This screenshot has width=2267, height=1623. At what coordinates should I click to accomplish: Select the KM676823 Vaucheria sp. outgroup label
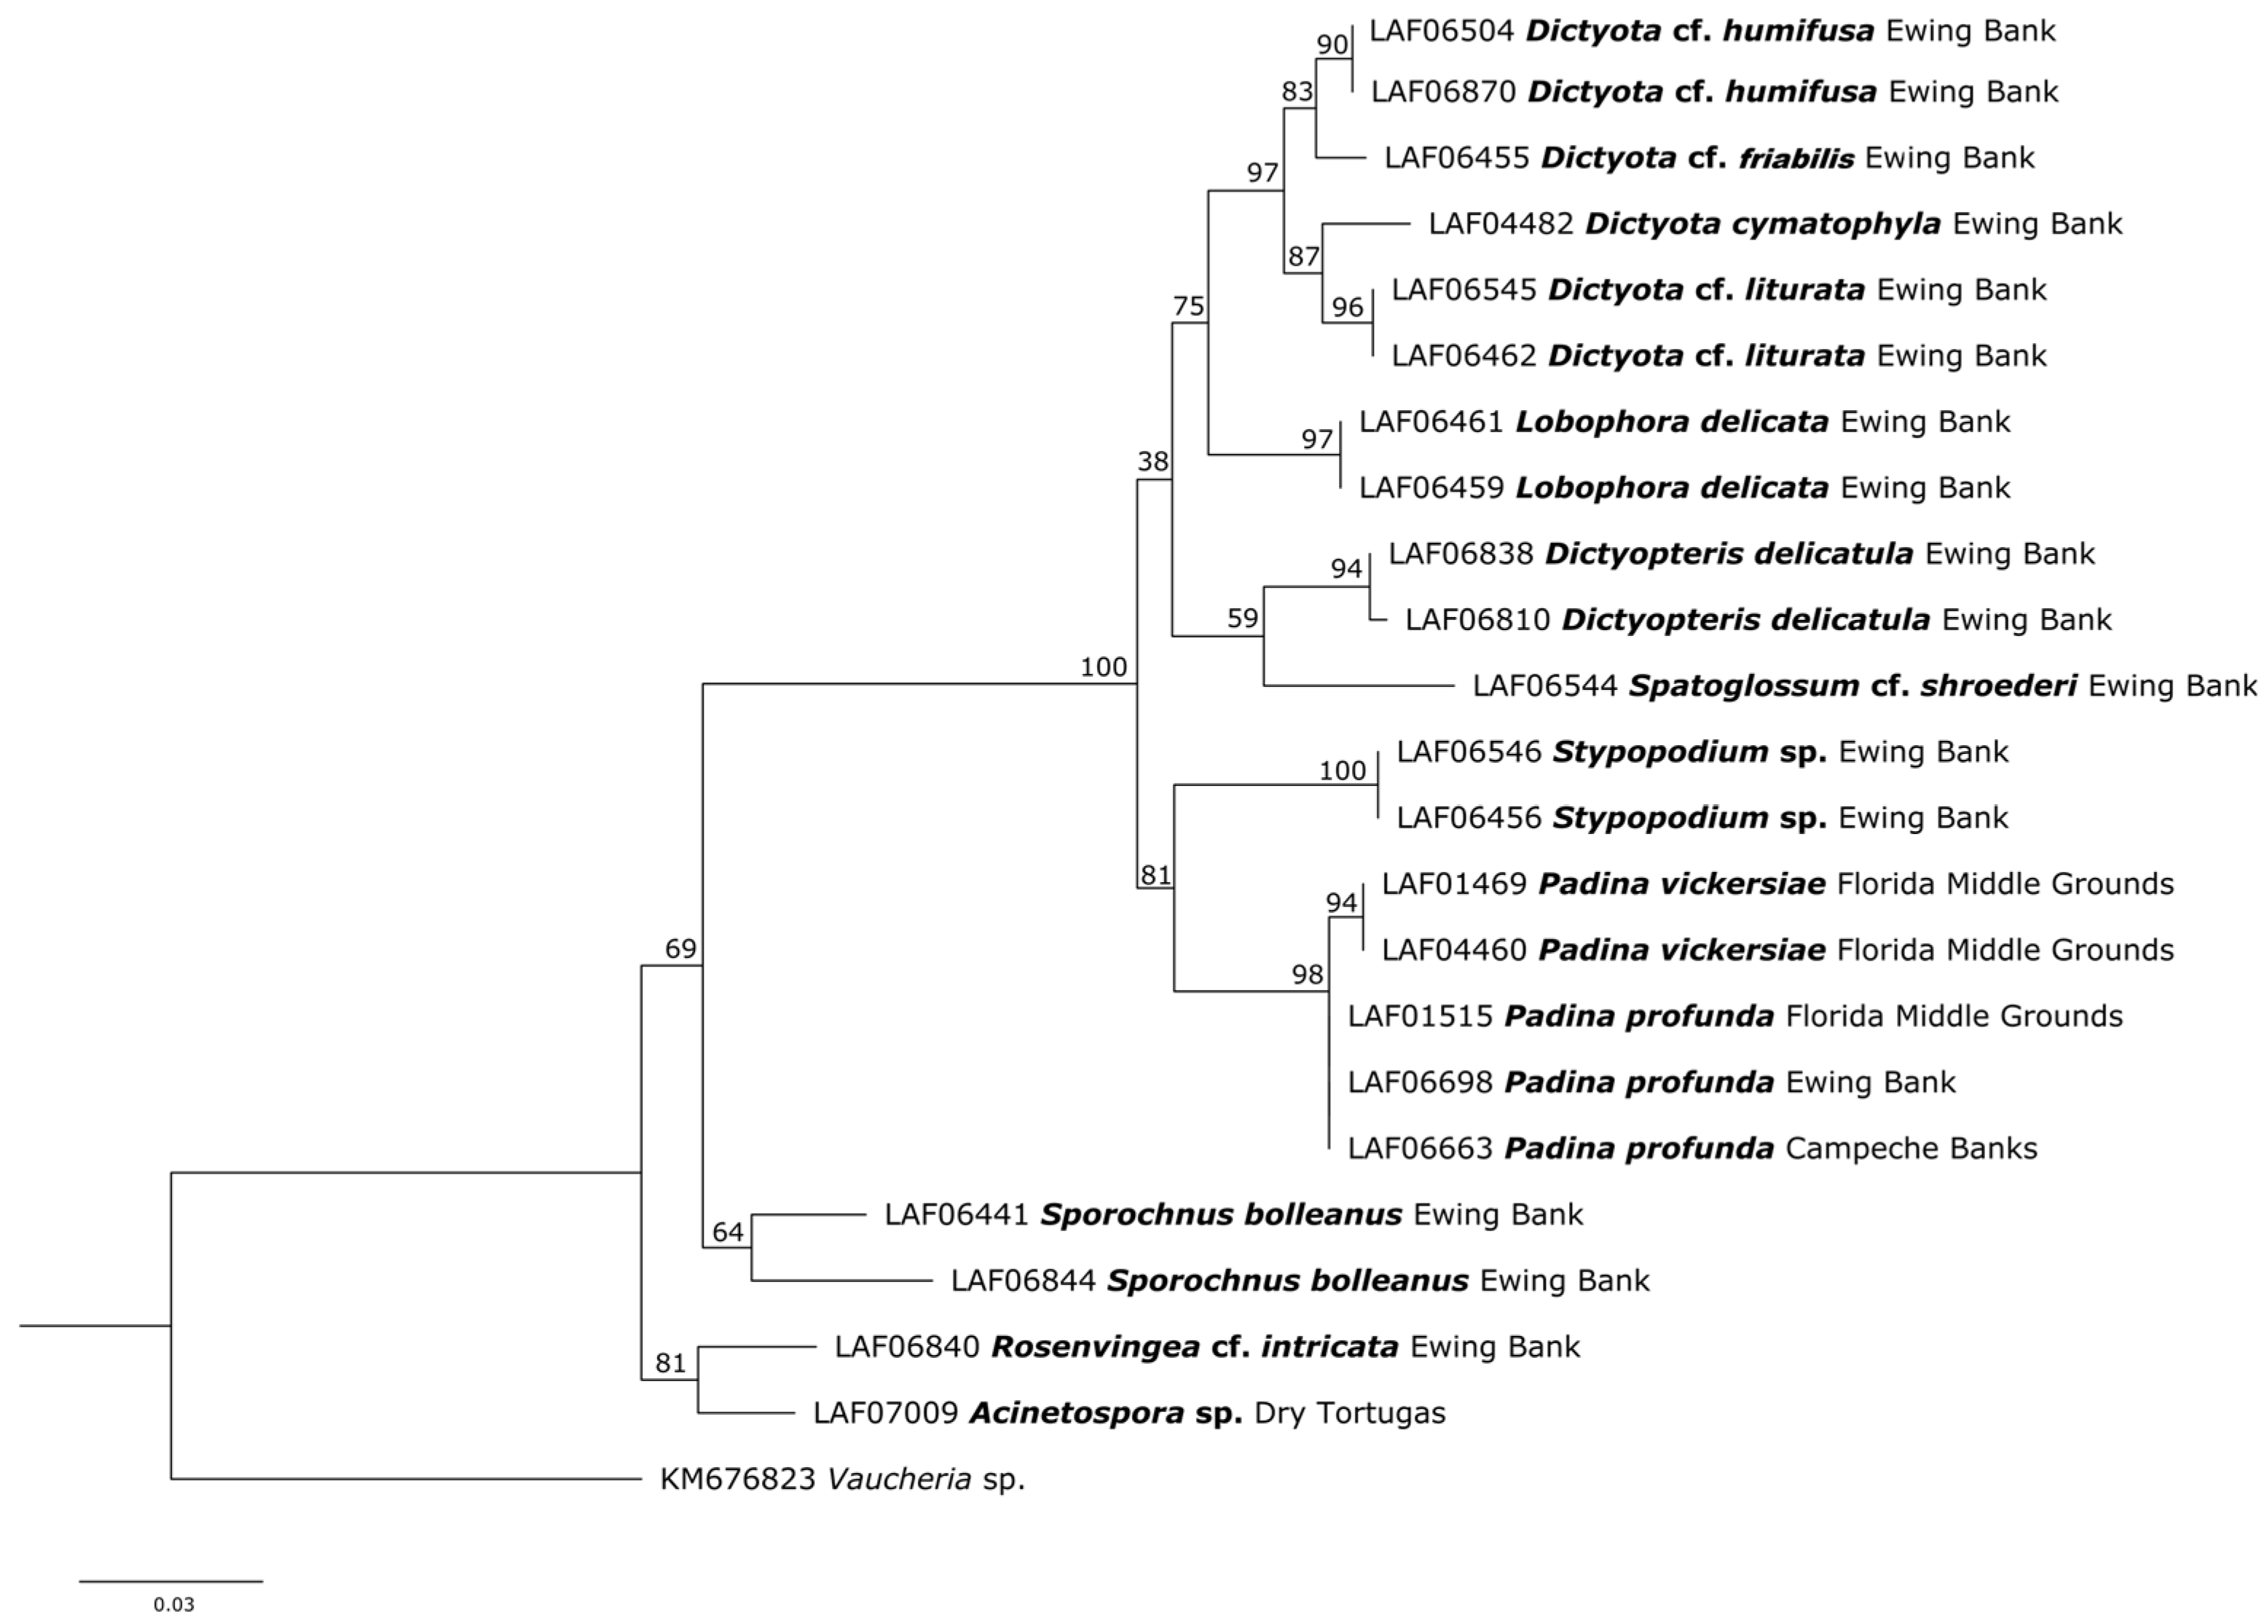coord(842,1479)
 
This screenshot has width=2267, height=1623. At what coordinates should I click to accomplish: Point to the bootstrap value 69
coord(680,948)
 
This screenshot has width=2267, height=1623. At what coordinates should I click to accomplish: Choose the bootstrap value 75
coord(1189,306)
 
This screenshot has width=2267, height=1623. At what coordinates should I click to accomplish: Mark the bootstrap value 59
coord(1243,618)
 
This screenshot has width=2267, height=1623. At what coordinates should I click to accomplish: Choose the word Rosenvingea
coord(1095,1347)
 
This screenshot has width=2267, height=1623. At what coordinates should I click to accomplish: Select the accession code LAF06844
coord(1023,1281)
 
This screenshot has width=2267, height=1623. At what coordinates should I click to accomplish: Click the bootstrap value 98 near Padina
coord(1307,975)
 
